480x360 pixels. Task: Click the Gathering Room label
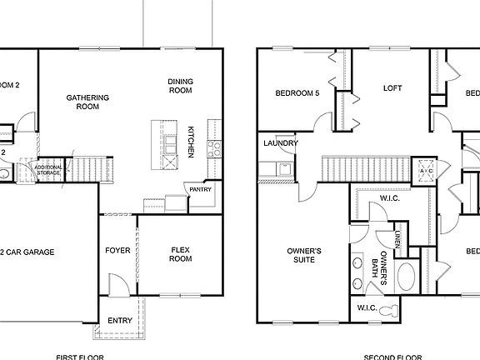[x=87, y=102]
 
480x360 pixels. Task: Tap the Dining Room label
[x=180, y=86]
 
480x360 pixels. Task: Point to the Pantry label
[x=200, y=189]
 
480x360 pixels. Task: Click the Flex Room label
[x=181, y=254]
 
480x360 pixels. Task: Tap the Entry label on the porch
[x=119, y=320]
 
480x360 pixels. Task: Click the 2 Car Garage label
[x=28, y=252]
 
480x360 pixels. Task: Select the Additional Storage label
[x=47, y=170]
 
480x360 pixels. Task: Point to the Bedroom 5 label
[x=297, y=93]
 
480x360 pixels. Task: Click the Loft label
[x=392, y=87]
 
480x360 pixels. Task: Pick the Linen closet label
[x=399, y=239]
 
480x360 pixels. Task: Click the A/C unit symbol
[x=427, y=170]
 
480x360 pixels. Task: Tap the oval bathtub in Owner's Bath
[x=408, y=276]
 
